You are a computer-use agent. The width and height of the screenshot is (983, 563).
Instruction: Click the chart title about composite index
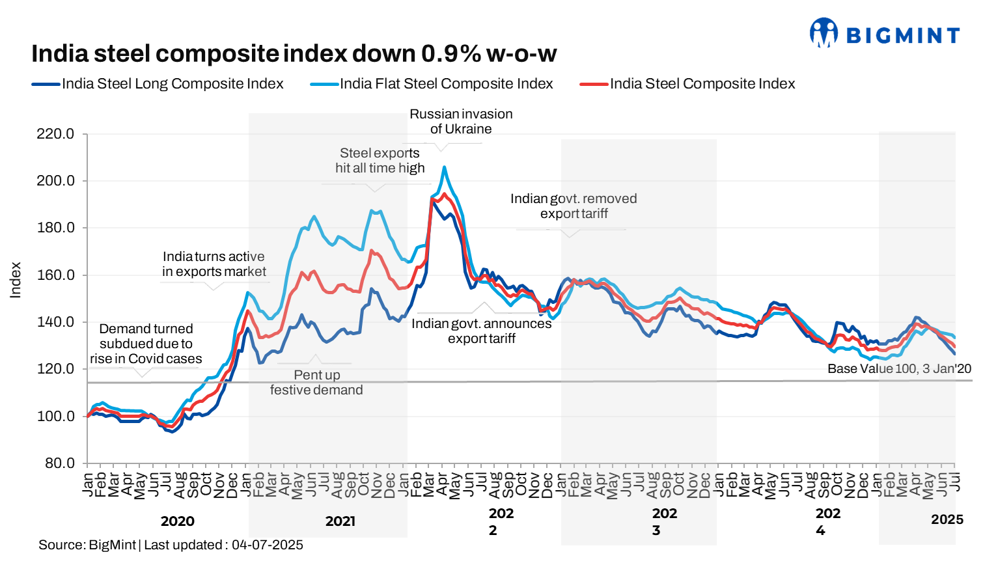tap(294, 53)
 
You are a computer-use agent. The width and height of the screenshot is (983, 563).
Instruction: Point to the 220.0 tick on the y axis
tap(55, 134)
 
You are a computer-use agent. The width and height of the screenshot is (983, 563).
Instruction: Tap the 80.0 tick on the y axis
tap(59, 463)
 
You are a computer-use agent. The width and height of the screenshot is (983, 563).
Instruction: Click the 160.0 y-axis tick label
tap(55, 275)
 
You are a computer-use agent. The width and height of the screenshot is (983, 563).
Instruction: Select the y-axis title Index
tap(16, 280)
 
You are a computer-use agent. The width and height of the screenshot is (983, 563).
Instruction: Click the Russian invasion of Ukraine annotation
tap(461, 122)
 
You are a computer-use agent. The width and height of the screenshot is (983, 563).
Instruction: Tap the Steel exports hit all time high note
tap(380, 160)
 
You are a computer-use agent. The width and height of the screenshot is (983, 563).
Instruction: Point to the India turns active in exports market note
tap(214, 264)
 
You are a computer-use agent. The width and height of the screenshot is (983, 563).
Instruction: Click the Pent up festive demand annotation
tap(316, 383)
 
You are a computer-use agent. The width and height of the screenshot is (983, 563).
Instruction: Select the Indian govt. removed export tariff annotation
tap(574, 206)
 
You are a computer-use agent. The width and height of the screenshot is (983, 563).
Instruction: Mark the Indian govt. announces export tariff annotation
tap(482, 331)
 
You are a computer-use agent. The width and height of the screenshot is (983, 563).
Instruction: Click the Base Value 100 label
tap(899, 368)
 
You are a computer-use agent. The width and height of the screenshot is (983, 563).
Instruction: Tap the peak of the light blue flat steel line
tap(444, 167)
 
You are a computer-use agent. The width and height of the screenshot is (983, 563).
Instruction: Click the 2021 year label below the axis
tap(340, 521)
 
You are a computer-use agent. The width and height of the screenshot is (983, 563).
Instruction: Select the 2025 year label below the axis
tap(947, 519)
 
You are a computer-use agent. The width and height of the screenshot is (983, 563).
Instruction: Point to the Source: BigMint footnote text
tap(171, 545)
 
